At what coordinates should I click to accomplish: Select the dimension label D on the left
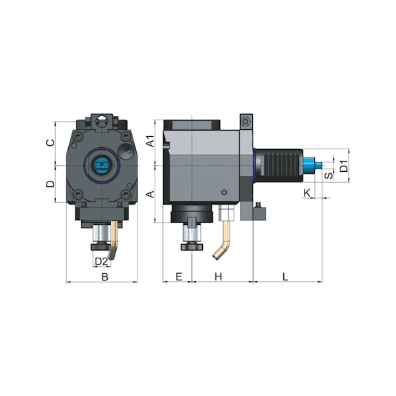[49, 184]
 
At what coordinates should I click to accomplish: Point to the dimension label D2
[101, 261]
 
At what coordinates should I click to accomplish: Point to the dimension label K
[307, 191]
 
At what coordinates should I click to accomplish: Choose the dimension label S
[329, 175]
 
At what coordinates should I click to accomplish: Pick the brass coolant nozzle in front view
[114, 241]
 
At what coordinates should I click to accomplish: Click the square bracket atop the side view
[246, 121]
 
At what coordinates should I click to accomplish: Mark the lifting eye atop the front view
[102, 120]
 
